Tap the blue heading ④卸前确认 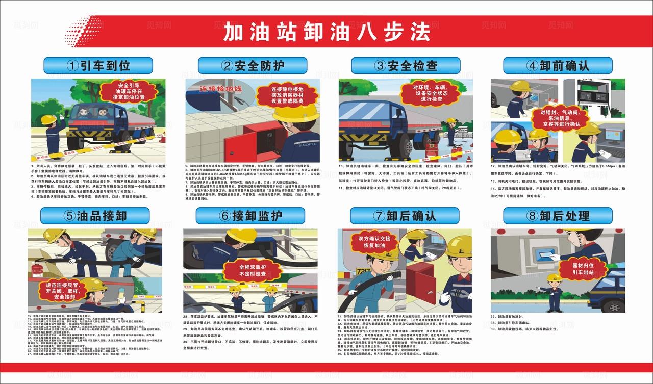point(558,65)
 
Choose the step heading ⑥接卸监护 point(250,216)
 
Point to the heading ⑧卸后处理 point(558,216)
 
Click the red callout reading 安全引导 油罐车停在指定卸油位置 point(129,91)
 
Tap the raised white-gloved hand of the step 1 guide point(61,116)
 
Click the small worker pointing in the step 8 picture point(552,291)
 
